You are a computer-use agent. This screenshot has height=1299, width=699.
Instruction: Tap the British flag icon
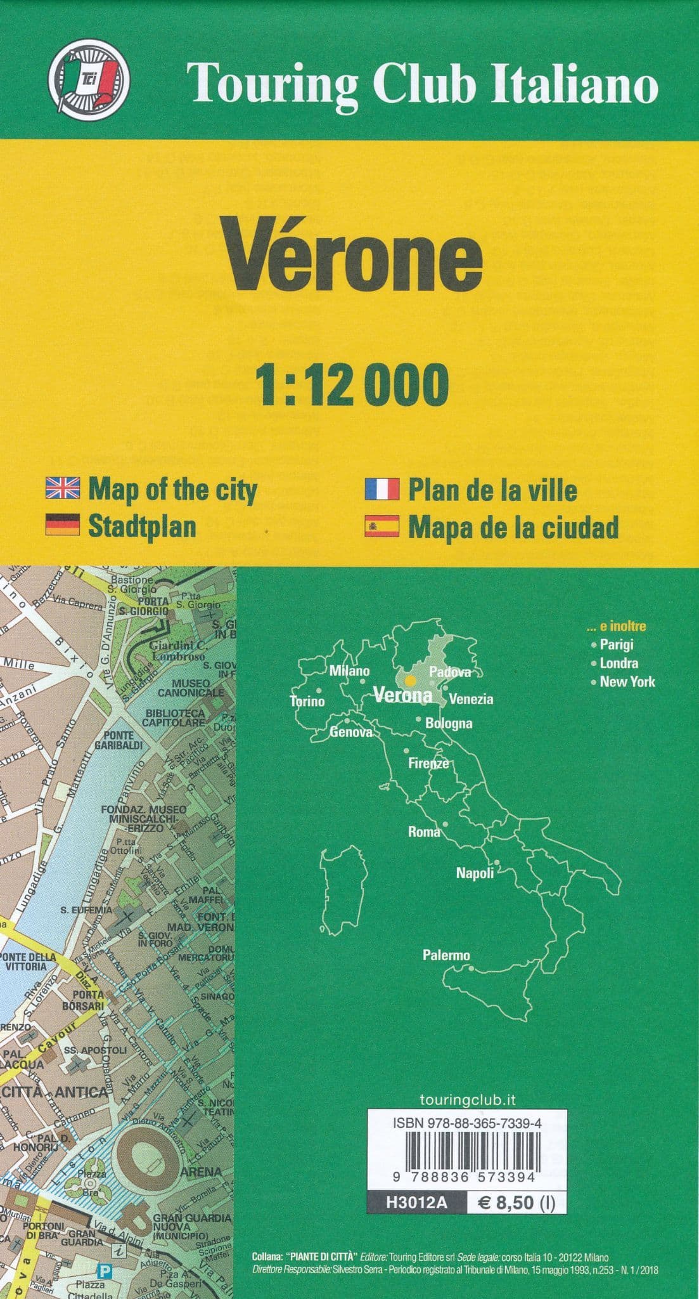(x=62, y=488)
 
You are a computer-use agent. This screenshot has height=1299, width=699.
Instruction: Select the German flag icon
(x=62, y=525)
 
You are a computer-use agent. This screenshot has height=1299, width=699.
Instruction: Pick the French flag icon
(x=382, y=489)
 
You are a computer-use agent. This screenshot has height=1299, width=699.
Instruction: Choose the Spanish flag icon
(x=382, y=526)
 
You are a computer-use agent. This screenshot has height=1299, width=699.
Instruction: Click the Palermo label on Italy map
(x=446, y=955)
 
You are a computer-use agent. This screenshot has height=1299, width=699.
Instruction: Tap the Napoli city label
(x=475, y=873)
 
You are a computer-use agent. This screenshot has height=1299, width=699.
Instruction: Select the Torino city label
(x=307, y=701)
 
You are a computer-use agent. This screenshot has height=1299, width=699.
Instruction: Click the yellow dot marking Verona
(x=410, y=681)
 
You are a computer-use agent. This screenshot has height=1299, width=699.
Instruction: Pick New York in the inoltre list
(x=627, y=682)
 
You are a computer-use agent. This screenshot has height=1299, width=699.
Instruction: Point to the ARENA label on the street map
(x=202, y=1172)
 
